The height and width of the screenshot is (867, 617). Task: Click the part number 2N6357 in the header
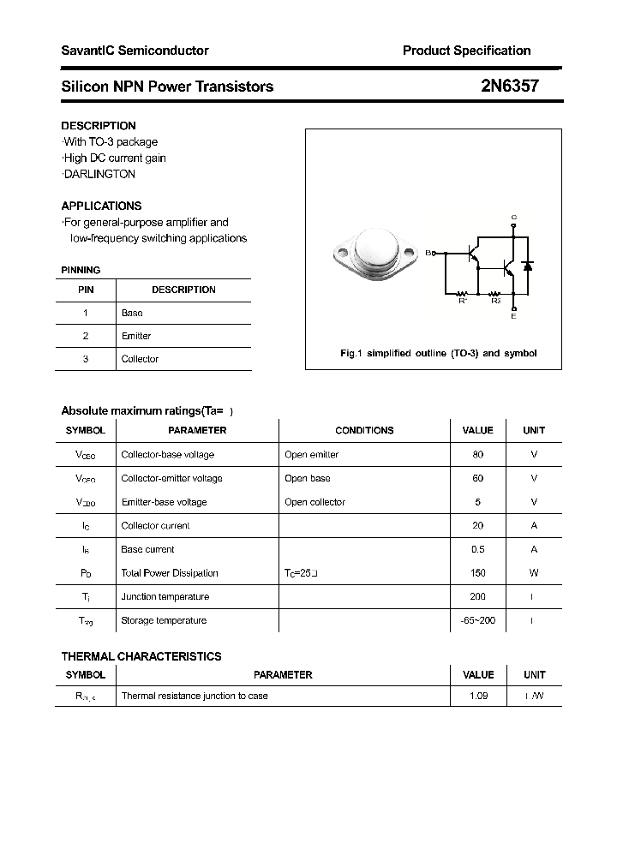509,87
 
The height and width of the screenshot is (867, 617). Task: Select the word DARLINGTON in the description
99,174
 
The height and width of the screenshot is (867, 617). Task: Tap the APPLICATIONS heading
101,206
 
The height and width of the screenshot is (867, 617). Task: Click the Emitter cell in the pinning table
136,336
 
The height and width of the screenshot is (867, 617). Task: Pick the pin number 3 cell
86,359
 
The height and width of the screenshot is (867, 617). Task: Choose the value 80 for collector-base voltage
477,455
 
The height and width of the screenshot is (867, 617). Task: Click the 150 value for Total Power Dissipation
477,573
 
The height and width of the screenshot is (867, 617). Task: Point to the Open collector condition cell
314,502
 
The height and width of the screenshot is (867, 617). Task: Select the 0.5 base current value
477,549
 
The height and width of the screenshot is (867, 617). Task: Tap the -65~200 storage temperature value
477,620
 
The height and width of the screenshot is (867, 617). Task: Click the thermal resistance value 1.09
478,696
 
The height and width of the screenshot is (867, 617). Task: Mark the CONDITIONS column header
364,430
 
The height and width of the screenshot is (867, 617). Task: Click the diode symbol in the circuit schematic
528,266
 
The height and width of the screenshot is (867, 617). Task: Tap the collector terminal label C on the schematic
513,218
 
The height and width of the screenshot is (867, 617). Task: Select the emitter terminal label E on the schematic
513,317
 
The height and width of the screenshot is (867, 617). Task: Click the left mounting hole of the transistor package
343,254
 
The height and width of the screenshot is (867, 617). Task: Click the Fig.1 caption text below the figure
438,353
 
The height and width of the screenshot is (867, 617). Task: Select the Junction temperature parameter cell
165,596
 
